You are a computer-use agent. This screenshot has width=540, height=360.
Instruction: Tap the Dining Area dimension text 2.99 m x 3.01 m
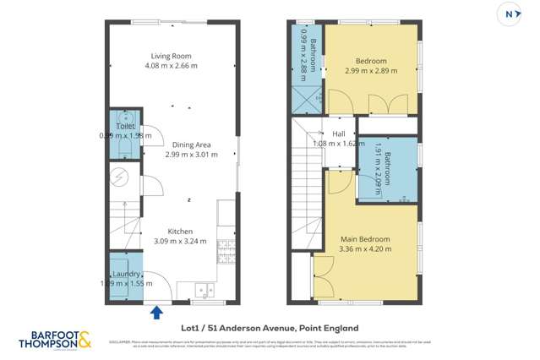188,155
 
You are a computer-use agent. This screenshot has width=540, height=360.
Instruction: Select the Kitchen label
180,231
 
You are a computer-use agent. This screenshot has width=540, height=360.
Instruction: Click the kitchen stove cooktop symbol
226,250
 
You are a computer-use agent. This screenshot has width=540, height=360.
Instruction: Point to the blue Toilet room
125,135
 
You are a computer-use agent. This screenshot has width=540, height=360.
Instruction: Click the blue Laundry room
125,278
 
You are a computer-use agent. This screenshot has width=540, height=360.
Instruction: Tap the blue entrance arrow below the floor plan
155,314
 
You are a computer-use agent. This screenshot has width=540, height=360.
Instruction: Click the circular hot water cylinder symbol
122,177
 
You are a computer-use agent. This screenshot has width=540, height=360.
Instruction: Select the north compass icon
513,14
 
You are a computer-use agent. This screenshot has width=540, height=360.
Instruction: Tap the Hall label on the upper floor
339,134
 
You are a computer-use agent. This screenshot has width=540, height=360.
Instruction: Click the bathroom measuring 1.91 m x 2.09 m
388,169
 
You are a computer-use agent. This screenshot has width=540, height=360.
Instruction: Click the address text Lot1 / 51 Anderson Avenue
270,328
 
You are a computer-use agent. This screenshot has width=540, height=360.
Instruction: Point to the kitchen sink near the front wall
204,289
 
